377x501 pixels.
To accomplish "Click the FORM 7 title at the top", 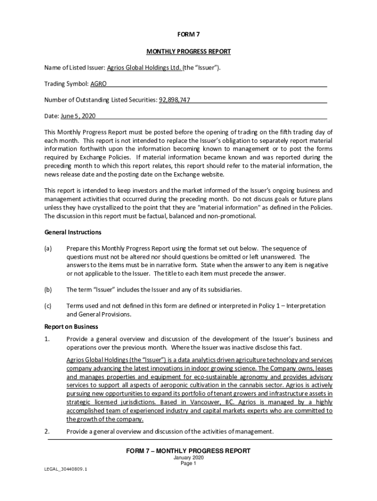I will (x=188, y=34).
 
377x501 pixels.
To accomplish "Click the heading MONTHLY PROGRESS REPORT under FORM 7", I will (x=188, y=51).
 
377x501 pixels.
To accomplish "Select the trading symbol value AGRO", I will (x=98, y=84).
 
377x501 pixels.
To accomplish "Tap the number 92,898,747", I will (x=174, y=100).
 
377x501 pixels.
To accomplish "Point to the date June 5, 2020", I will (x=78, y=116).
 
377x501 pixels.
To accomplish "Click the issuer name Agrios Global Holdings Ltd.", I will (x=144, y=68).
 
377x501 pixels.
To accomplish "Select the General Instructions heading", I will (x=73, y=232).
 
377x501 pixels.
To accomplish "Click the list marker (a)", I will (x=48, y=249).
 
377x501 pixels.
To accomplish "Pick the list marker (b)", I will (x=48, y=290).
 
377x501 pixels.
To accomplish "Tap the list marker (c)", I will (x=48, y=306).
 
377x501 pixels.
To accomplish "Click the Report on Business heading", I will (x=71, y=326).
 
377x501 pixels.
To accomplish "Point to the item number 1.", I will (x=47, y=339).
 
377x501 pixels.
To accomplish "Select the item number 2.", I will (x=47, y=431).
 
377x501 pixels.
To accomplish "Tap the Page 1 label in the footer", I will (x=188, y=464).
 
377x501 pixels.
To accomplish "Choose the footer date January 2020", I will (x=188, y=458).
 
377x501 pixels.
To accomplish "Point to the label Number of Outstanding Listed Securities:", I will (x=100, y=100).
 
